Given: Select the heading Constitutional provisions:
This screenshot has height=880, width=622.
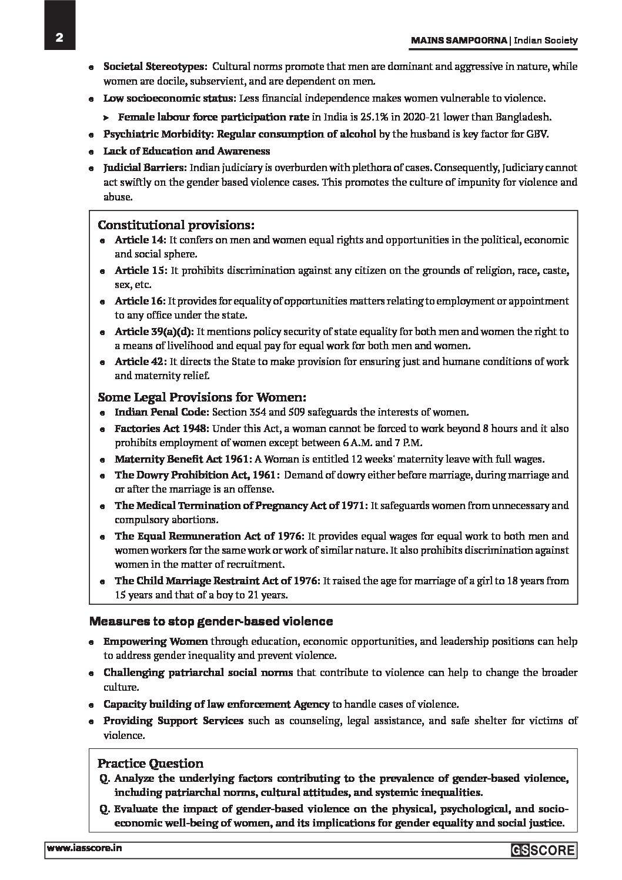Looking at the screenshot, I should pos(176,225).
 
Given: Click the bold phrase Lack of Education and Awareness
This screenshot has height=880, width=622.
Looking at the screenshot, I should pos(187,152).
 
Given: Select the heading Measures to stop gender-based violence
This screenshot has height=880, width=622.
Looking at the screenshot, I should pos(211,621).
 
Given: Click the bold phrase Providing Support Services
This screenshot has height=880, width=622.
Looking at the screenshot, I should pos(173,720).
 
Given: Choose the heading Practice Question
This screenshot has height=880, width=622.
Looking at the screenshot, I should pos(151,764).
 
